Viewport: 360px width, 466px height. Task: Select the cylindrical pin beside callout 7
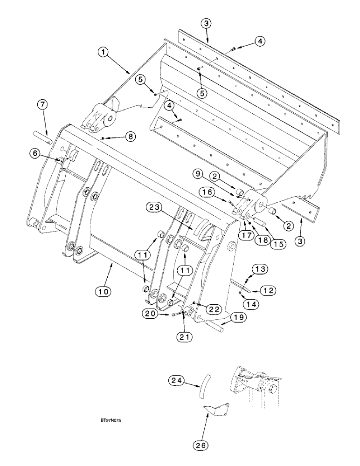[x=42, y=138]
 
